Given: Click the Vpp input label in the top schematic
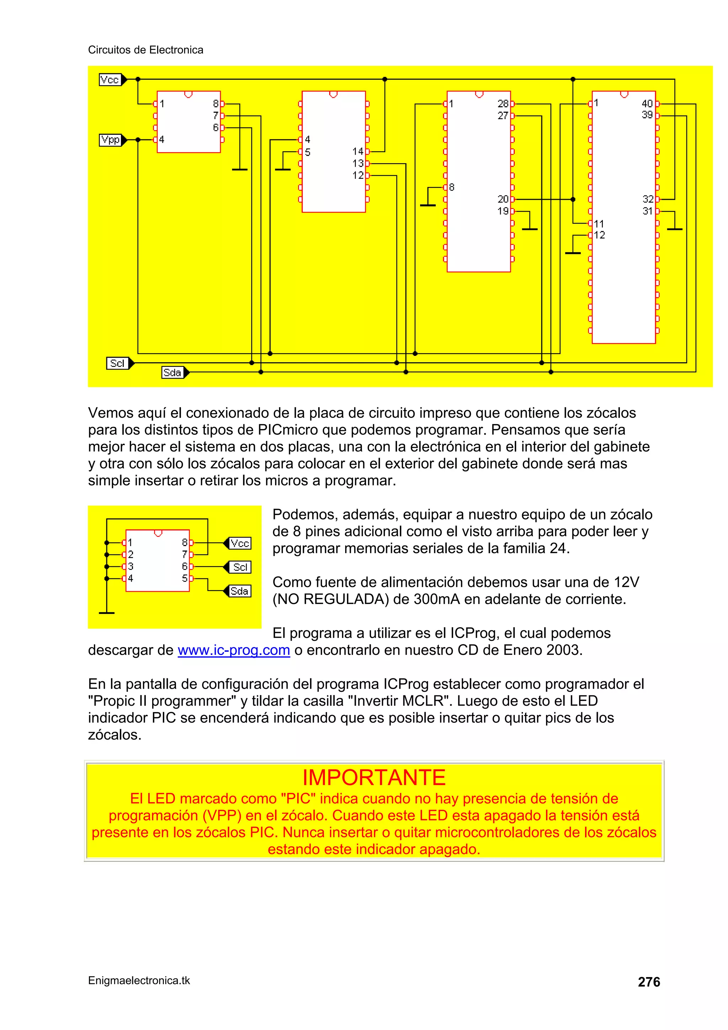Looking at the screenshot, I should tap(110, 140).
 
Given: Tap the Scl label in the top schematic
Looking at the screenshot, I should tap(118, 363).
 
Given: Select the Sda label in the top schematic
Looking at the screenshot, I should tap(173, 372).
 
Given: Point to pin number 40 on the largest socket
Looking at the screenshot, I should tap(647, 103).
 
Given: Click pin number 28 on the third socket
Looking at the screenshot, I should tap(503, 103).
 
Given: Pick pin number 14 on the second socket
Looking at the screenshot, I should tap(358, 151).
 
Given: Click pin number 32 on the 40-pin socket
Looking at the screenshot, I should tap(648, 199).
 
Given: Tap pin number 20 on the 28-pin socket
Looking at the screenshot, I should tap(503, 199).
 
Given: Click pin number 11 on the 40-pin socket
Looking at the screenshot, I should tap(599, 223).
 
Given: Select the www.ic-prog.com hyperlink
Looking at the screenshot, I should tap(234, 650).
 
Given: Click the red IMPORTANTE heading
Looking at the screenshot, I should tap(374, 778).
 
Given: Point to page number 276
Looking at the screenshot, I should tap(649, 982).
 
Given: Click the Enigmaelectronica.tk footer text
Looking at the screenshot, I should tap(139, 981).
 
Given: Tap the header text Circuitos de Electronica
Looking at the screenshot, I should tap(145, 50).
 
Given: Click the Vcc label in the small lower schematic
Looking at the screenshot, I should tap(240, 543).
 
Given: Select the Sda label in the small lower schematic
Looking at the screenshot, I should tap(240, 591).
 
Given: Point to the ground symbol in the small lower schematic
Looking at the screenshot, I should tap(107, 612).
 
